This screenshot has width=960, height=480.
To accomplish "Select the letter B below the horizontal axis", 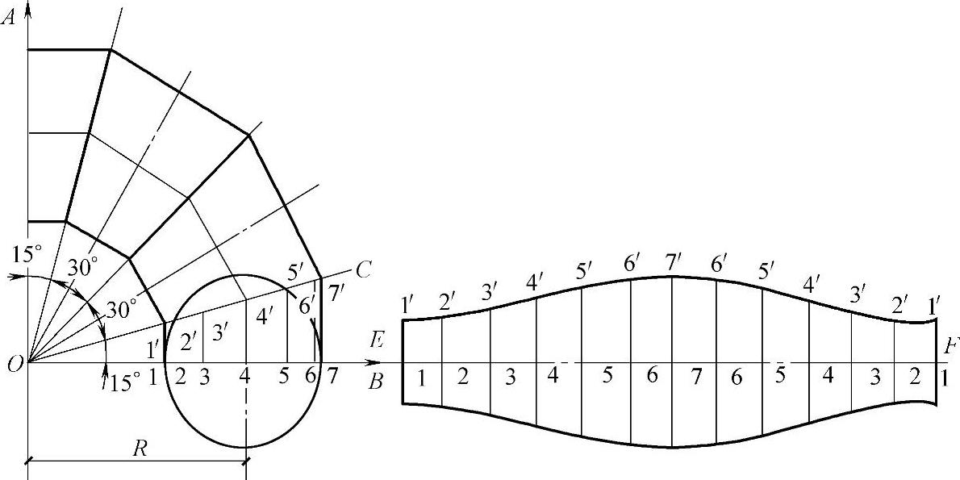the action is point(375,382).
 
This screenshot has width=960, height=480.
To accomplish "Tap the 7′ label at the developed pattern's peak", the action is point(671,263).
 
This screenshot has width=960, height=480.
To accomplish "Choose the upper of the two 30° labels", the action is point(82,267).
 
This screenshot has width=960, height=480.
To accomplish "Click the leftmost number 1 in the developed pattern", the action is point(421,379).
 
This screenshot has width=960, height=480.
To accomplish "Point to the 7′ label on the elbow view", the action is point(336,294).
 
